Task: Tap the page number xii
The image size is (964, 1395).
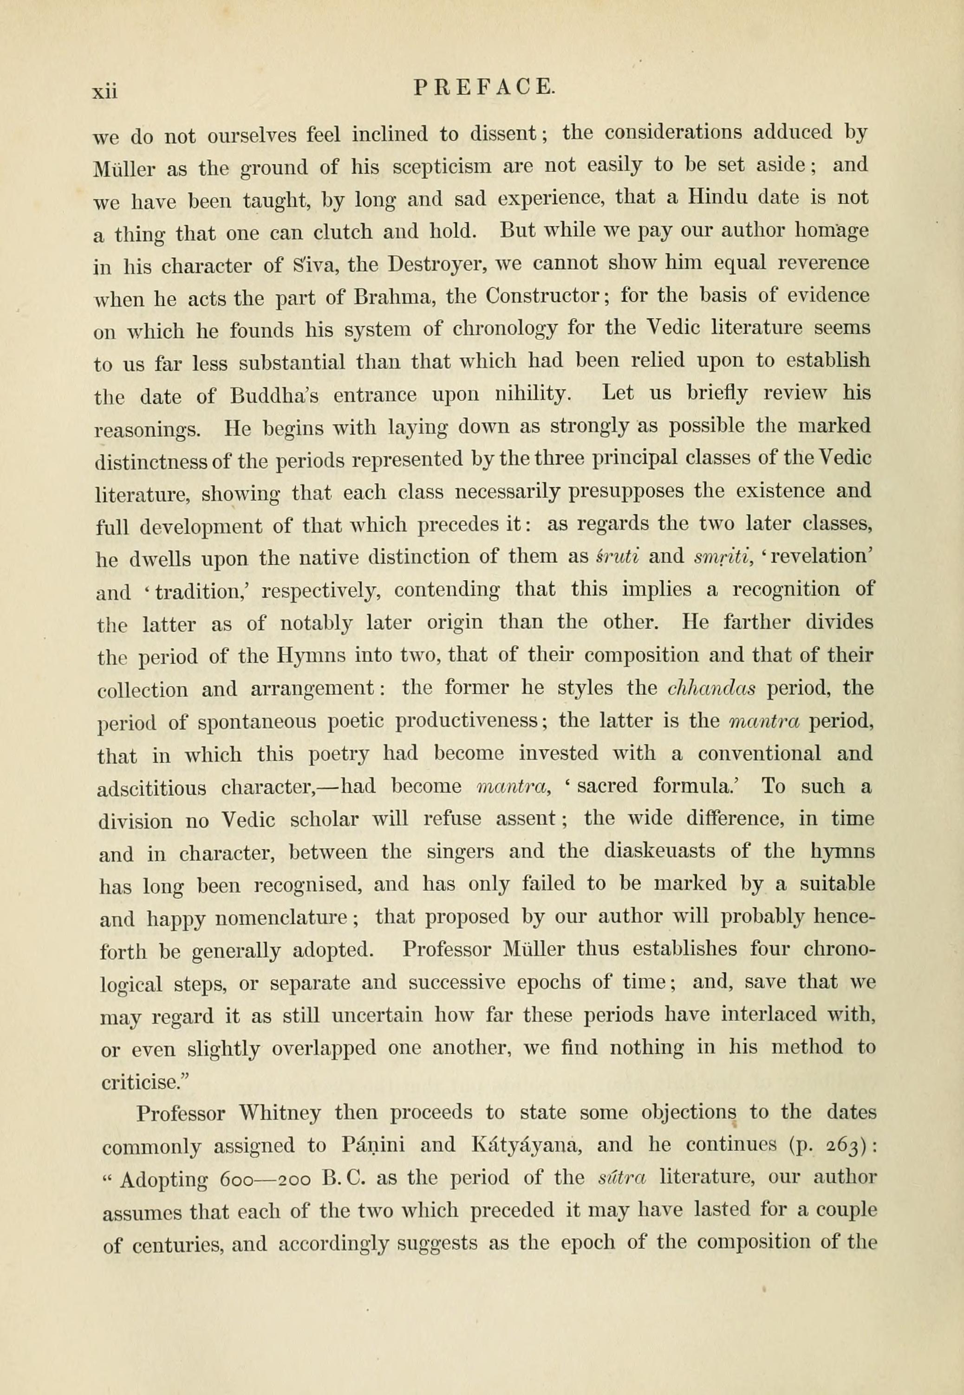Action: tap(105, 90)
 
